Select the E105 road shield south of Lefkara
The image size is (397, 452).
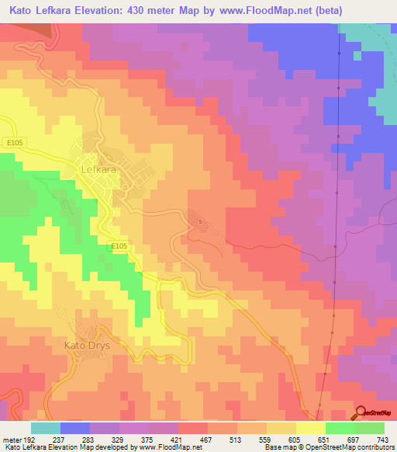(118, 246)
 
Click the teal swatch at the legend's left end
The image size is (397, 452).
(46, 428)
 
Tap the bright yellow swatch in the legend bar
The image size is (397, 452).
(310, 428)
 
